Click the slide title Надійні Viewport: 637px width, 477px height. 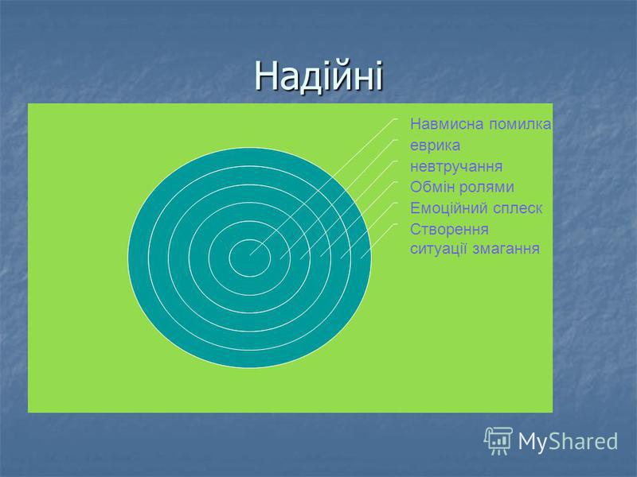(x=319, y=76)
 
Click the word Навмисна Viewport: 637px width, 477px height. (x=447, y=124)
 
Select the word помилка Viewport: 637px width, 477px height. (x=520, y=124)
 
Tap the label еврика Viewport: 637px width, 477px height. (x=435, y=145)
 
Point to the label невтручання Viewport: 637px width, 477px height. (x=456, y=167)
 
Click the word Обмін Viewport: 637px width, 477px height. (x=432, y=187)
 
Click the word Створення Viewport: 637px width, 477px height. (x=449, y=229)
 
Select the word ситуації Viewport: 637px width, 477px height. (x=439, y=248)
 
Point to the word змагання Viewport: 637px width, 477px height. (x=506, y=249)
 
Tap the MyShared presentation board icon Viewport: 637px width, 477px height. (x=498, y=440)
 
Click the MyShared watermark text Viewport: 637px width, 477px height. (x=568, y=441)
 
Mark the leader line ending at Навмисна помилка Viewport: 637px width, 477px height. (x=324, y=187)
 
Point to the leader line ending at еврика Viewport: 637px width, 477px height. (x=339, y=199)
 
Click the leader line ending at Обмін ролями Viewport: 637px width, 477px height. (x=359, y=219)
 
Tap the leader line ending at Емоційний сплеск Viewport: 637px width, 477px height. (x=369, y=230)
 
